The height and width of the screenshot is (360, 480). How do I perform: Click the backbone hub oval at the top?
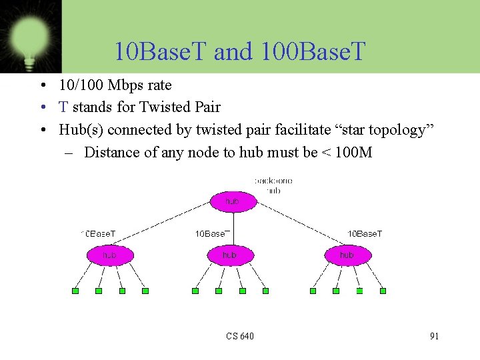(x=233, y=201)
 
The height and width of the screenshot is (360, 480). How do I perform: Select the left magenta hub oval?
(x=110, y=255)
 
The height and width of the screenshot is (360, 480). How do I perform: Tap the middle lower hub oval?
(x=229, y=255)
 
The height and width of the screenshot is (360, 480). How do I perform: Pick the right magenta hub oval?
(x=347, y=255)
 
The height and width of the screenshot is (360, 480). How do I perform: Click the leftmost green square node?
(x=75, y=291)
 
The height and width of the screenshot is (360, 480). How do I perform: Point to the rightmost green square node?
(x=383, y=291)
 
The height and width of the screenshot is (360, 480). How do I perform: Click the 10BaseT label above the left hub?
(x=99, y=234)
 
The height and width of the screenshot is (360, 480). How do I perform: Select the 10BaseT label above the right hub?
(x=365, y=234)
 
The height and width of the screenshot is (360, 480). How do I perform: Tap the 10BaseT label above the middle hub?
(x=213, y=234)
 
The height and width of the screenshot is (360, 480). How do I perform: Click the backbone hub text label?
(x=273, y=185)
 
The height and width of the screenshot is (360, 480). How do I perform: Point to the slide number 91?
(x=434, y=336)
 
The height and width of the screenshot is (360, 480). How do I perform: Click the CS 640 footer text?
(x=240, y=336)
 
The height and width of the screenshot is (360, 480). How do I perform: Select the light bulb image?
(x=30, y=37)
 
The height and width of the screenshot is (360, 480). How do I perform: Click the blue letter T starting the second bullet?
(x=63, y=107)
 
